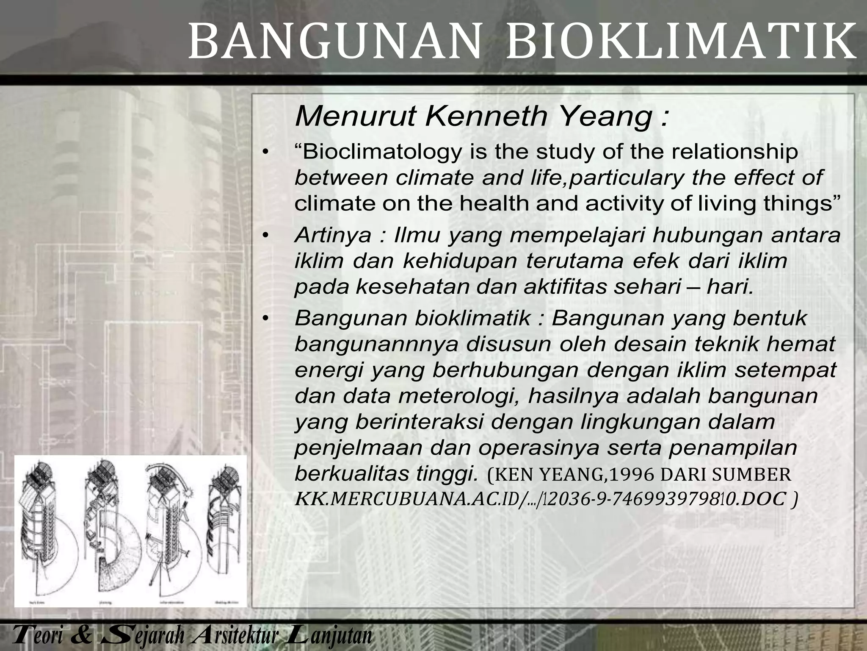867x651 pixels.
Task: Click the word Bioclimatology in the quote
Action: pyautogui.click(x=381, y=152)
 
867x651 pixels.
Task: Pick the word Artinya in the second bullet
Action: pyautogui.click(x=333, y=235)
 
